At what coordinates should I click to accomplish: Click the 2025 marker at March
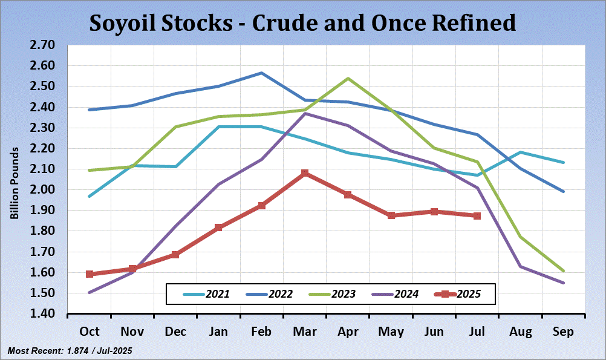305,173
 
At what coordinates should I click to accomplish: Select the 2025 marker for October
90,274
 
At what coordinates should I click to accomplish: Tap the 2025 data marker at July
477,215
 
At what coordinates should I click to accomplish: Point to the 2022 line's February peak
261,73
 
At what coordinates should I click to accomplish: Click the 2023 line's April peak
348,78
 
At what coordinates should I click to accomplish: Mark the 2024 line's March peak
305,113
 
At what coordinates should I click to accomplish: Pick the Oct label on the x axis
90,332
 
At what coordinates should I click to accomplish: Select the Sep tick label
563,332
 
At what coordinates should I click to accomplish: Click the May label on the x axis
391,332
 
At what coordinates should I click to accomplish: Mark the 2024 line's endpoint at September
563,283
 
